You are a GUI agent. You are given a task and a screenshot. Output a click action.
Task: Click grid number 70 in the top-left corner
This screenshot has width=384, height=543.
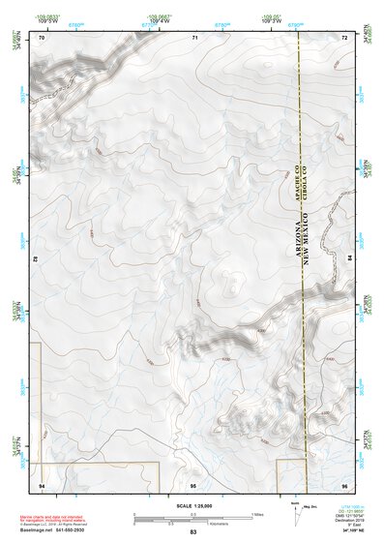click(x=42, y=37)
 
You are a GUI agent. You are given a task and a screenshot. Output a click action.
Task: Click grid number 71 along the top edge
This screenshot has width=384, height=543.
click(x=194, y=37)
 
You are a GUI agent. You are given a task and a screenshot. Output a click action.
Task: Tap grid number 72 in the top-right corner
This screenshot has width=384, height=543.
click(x=344, y=37)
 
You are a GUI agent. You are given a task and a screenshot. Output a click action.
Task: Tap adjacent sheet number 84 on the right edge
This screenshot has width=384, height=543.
click(x=350, y=259)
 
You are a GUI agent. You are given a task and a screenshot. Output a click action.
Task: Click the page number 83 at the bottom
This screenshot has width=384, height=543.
click(x=192, y=533)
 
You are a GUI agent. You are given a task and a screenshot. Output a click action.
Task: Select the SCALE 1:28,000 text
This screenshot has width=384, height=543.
click(x=192, y=506)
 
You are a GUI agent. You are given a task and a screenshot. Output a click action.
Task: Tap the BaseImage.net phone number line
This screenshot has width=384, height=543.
click(x=53, y=530)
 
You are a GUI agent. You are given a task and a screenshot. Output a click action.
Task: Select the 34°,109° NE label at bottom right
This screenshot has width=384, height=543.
click(x=354, y=531)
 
